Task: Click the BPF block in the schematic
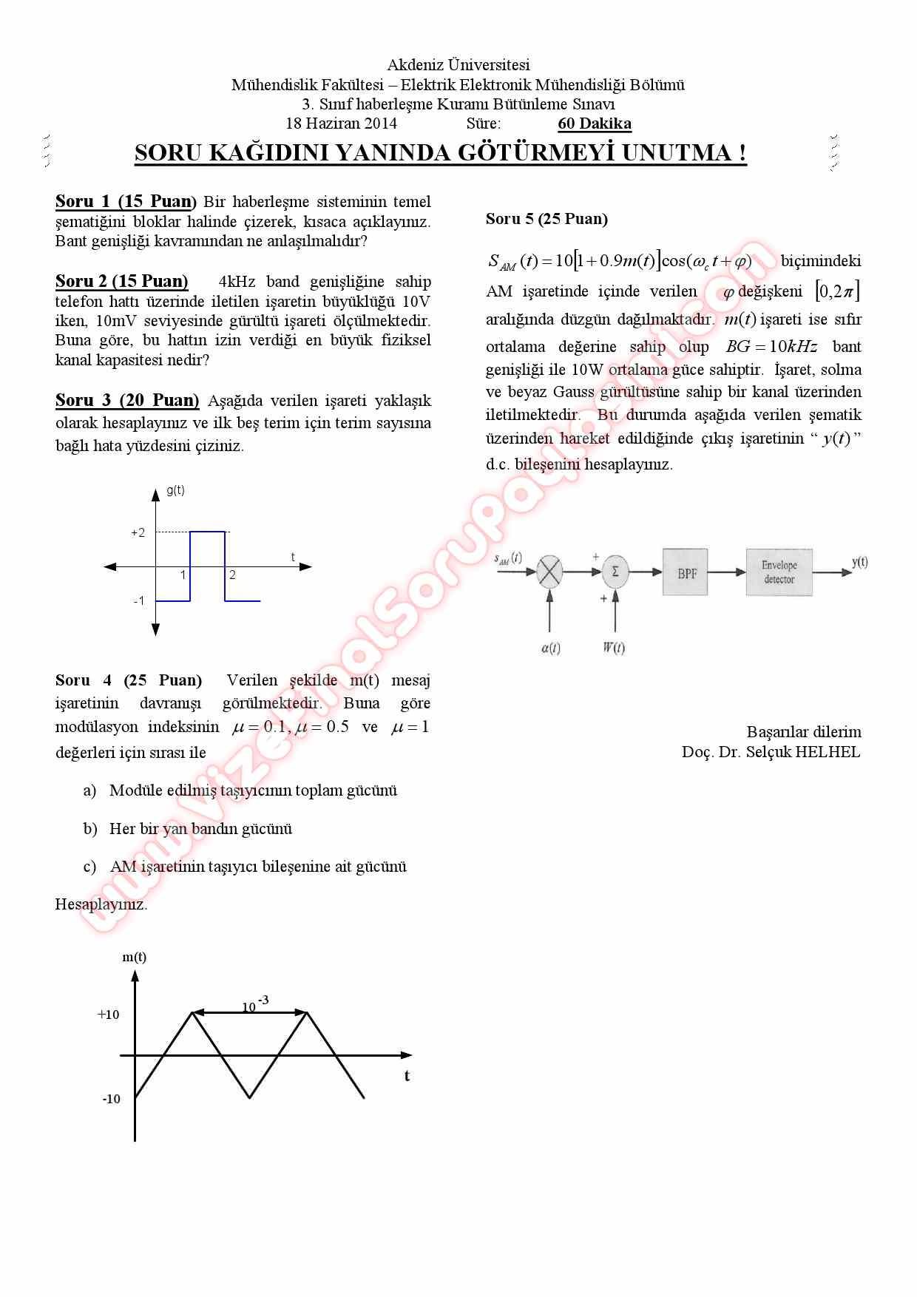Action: [x=686, y=572]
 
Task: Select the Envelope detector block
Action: [x=779, y=572]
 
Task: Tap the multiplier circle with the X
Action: [x=549, y=571]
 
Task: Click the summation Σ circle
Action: [x=615, y=571]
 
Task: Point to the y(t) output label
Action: [x=859, y=562]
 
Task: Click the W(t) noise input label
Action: [x=613, y=648]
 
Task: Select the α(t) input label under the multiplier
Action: [x=551, y=648]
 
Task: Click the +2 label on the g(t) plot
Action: [x=138, y=532]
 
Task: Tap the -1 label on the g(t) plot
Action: [x=139, y=600]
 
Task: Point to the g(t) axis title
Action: [x=175, y=490]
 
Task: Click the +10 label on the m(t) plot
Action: [x=108, y=1015]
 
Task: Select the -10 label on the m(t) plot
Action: [x=111, y=1100]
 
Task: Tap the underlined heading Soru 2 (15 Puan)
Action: [x=122, y=281]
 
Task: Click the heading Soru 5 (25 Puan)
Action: [x=547, y=219]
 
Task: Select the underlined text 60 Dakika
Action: [x=594, y=123]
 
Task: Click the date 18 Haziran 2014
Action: [x=341, y=123]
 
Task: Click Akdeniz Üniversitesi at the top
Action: [x=458, y=65]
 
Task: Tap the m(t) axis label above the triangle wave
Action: [x=135, y=957]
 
